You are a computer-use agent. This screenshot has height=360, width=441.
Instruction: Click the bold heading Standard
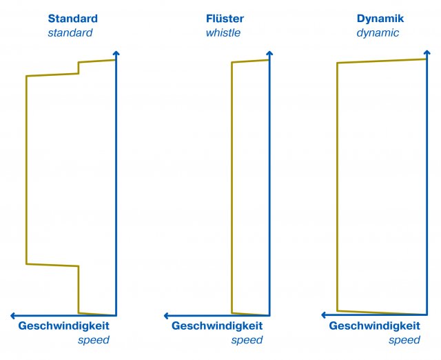tap(72, 19)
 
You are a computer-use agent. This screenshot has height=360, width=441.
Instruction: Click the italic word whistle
tap(223, 32)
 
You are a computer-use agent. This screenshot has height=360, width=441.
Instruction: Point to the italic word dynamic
tap(378, 32)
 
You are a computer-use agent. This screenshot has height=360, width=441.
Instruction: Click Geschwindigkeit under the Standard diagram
tap(63, 326)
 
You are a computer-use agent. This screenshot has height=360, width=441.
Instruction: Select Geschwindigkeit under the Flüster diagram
tap(217, 326)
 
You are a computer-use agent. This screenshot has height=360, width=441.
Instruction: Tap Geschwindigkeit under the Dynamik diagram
tap(374, 326)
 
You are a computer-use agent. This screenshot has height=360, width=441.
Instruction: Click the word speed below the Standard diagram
tap(94, 340)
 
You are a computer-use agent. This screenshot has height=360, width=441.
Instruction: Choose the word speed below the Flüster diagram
tap(247, 340)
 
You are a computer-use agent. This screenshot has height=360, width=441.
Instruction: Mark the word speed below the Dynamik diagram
tap(404, 340)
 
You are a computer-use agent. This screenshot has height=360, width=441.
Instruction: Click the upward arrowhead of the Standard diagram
tap(116, 54)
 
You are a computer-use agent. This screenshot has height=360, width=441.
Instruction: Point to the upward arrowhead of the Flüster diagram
tap(269, 54)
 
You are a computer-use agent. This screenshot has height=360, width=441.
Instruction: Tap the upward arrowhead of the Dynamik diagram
tap(427, 54)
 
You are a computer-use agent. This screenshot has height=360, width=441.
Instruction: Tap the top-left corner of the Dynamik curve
tap(337, 63)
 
